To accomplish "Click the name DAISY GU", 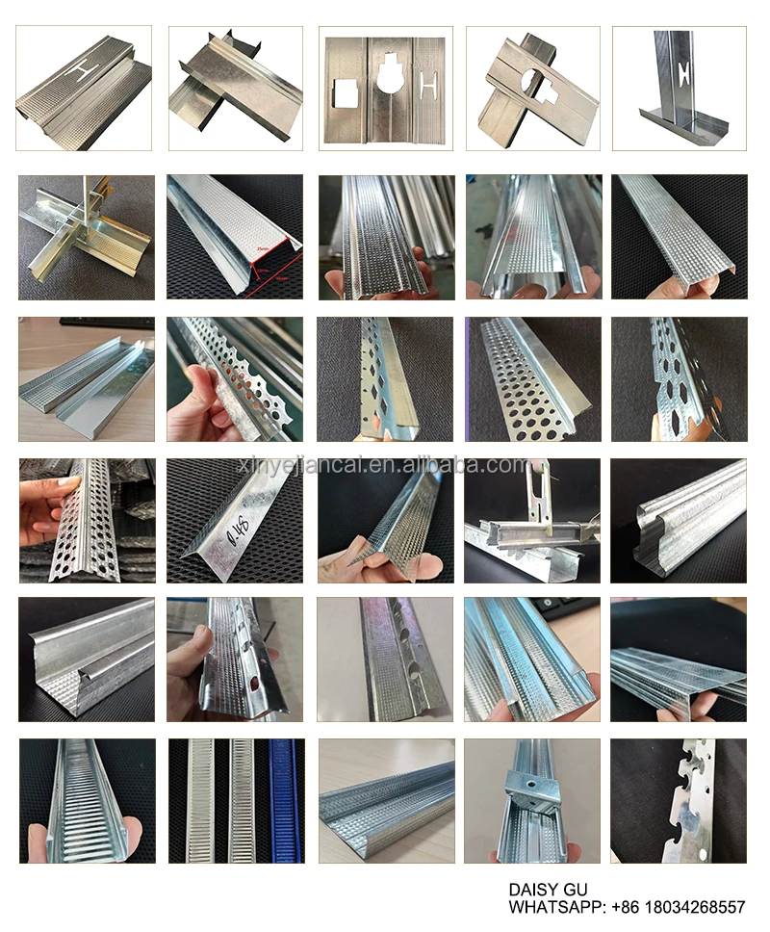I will [548, 891].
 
